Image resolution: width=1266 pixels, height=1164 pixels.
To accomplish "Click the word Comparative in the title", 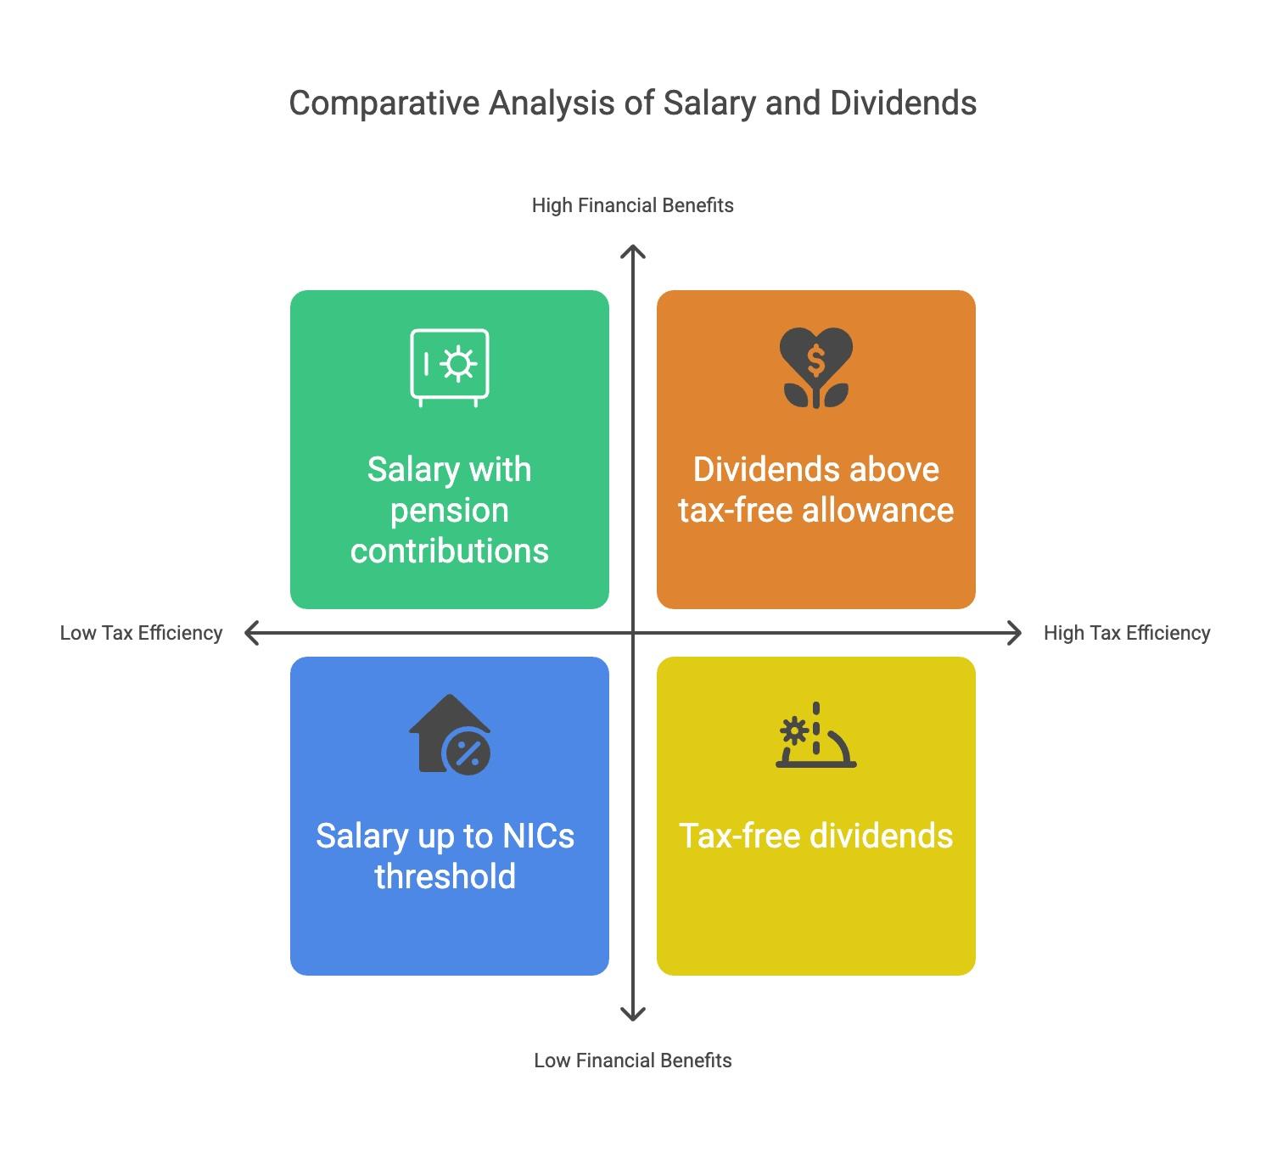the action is pos(384,104).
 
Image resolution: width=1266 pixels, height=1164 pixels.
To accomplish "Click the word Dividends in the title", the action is pos(903,103).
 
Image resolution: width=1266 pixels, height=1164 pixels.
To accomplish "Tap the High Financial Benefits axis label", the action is pos(632,205).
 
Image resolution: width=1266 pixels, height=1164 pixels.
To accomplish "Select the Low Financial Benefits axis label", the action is pos(632,1060).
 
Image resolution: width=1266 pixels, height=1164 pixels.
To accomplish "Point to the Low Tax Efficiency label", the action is pos(141,633).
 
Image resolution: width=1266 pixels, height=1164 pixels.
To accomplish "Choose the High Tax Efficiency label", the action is pos(1127,633).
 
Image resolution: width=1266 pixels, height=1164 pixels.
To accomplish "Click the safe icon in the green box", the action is pos(450,367).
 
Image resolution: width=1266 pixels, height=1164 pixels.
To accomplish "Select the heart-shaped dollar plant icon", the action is pos(816,367).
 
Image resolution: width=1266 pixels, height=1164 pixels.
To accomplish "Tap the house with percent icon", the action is pos(450,734).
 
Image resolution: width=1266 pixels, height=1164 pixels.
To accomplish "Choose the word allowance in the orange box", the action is pos(877,510).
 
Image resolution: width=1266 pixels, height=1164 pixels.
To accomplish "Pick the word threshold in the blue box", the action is pos(445,876).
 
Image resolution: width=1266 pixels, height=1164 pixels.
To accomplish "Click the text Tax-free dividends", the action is pos(815,836).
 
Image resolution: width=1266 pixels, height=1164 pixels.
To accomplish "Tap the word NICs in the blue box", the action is pos(538,836).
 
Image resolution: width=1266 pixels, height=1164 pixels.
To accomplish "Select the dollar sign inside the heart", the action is pos(816,361).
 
